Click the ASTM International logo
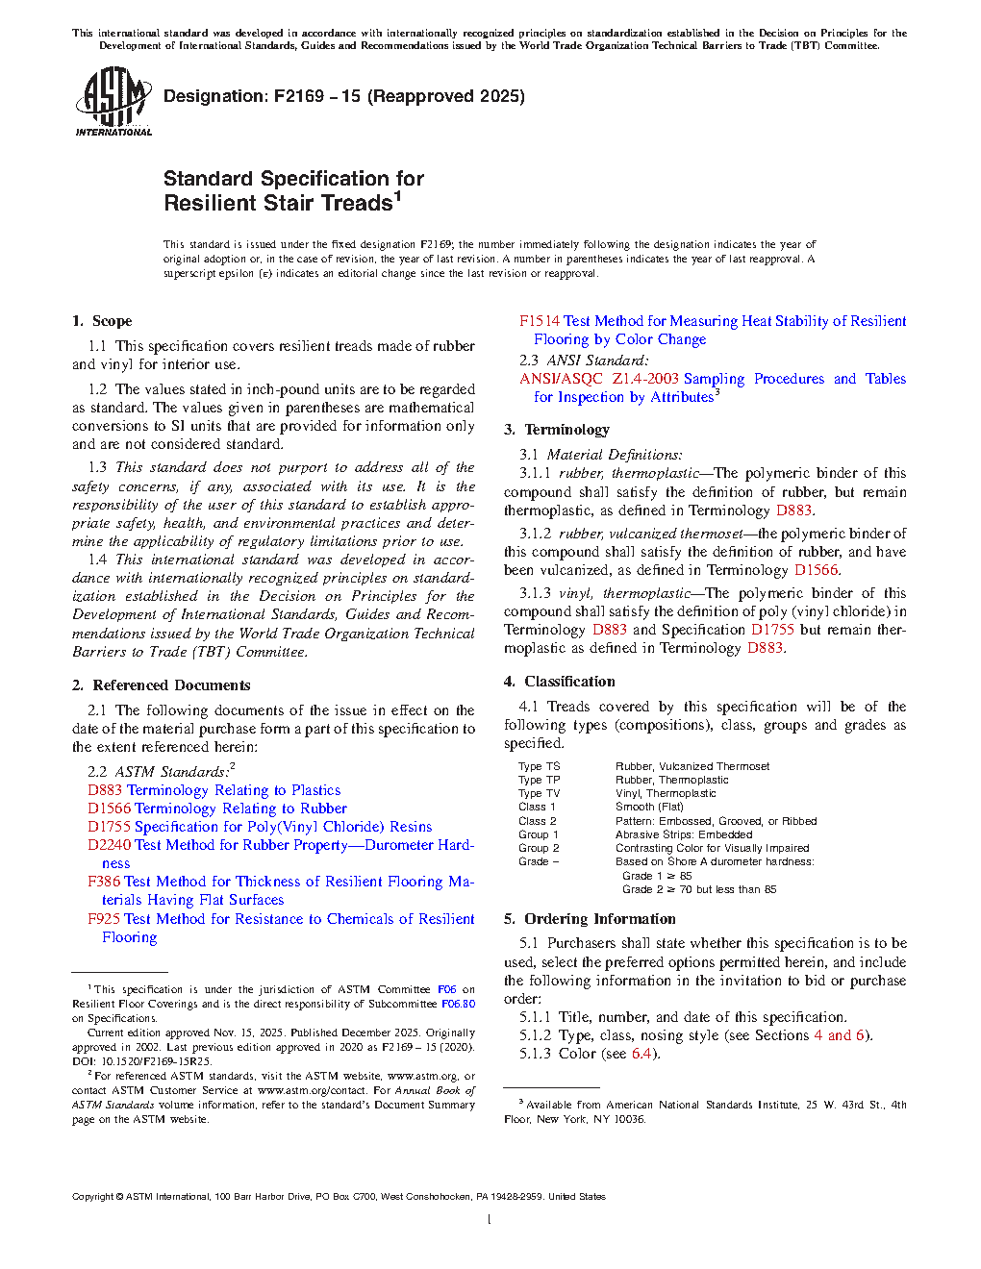pos(113,101)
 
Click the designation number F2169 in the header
pos(299,96)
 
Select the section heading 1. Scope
pos(102,321)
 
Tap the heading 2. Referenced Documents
pos(161,685)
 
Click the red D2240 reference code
pos(109,845)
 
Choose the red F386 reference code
pos(104,882)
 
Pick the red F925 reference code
pos(104,919)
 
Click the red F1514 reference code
pos(540,321)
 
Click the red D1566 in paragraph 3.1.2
pos(816,570)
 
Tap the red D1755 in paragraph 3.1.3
pos(772,630)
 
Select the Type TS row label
pos(539,766)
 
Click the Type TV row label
pos(539,793)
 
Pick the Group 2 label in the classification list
pos(539,848)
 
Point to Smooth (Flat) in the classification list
pos(649,807)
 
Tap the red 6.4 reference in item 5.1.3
pos(641,1054)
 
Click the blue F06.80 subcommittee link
pos(458,1004)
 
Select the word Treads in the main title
pos(359,203)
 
